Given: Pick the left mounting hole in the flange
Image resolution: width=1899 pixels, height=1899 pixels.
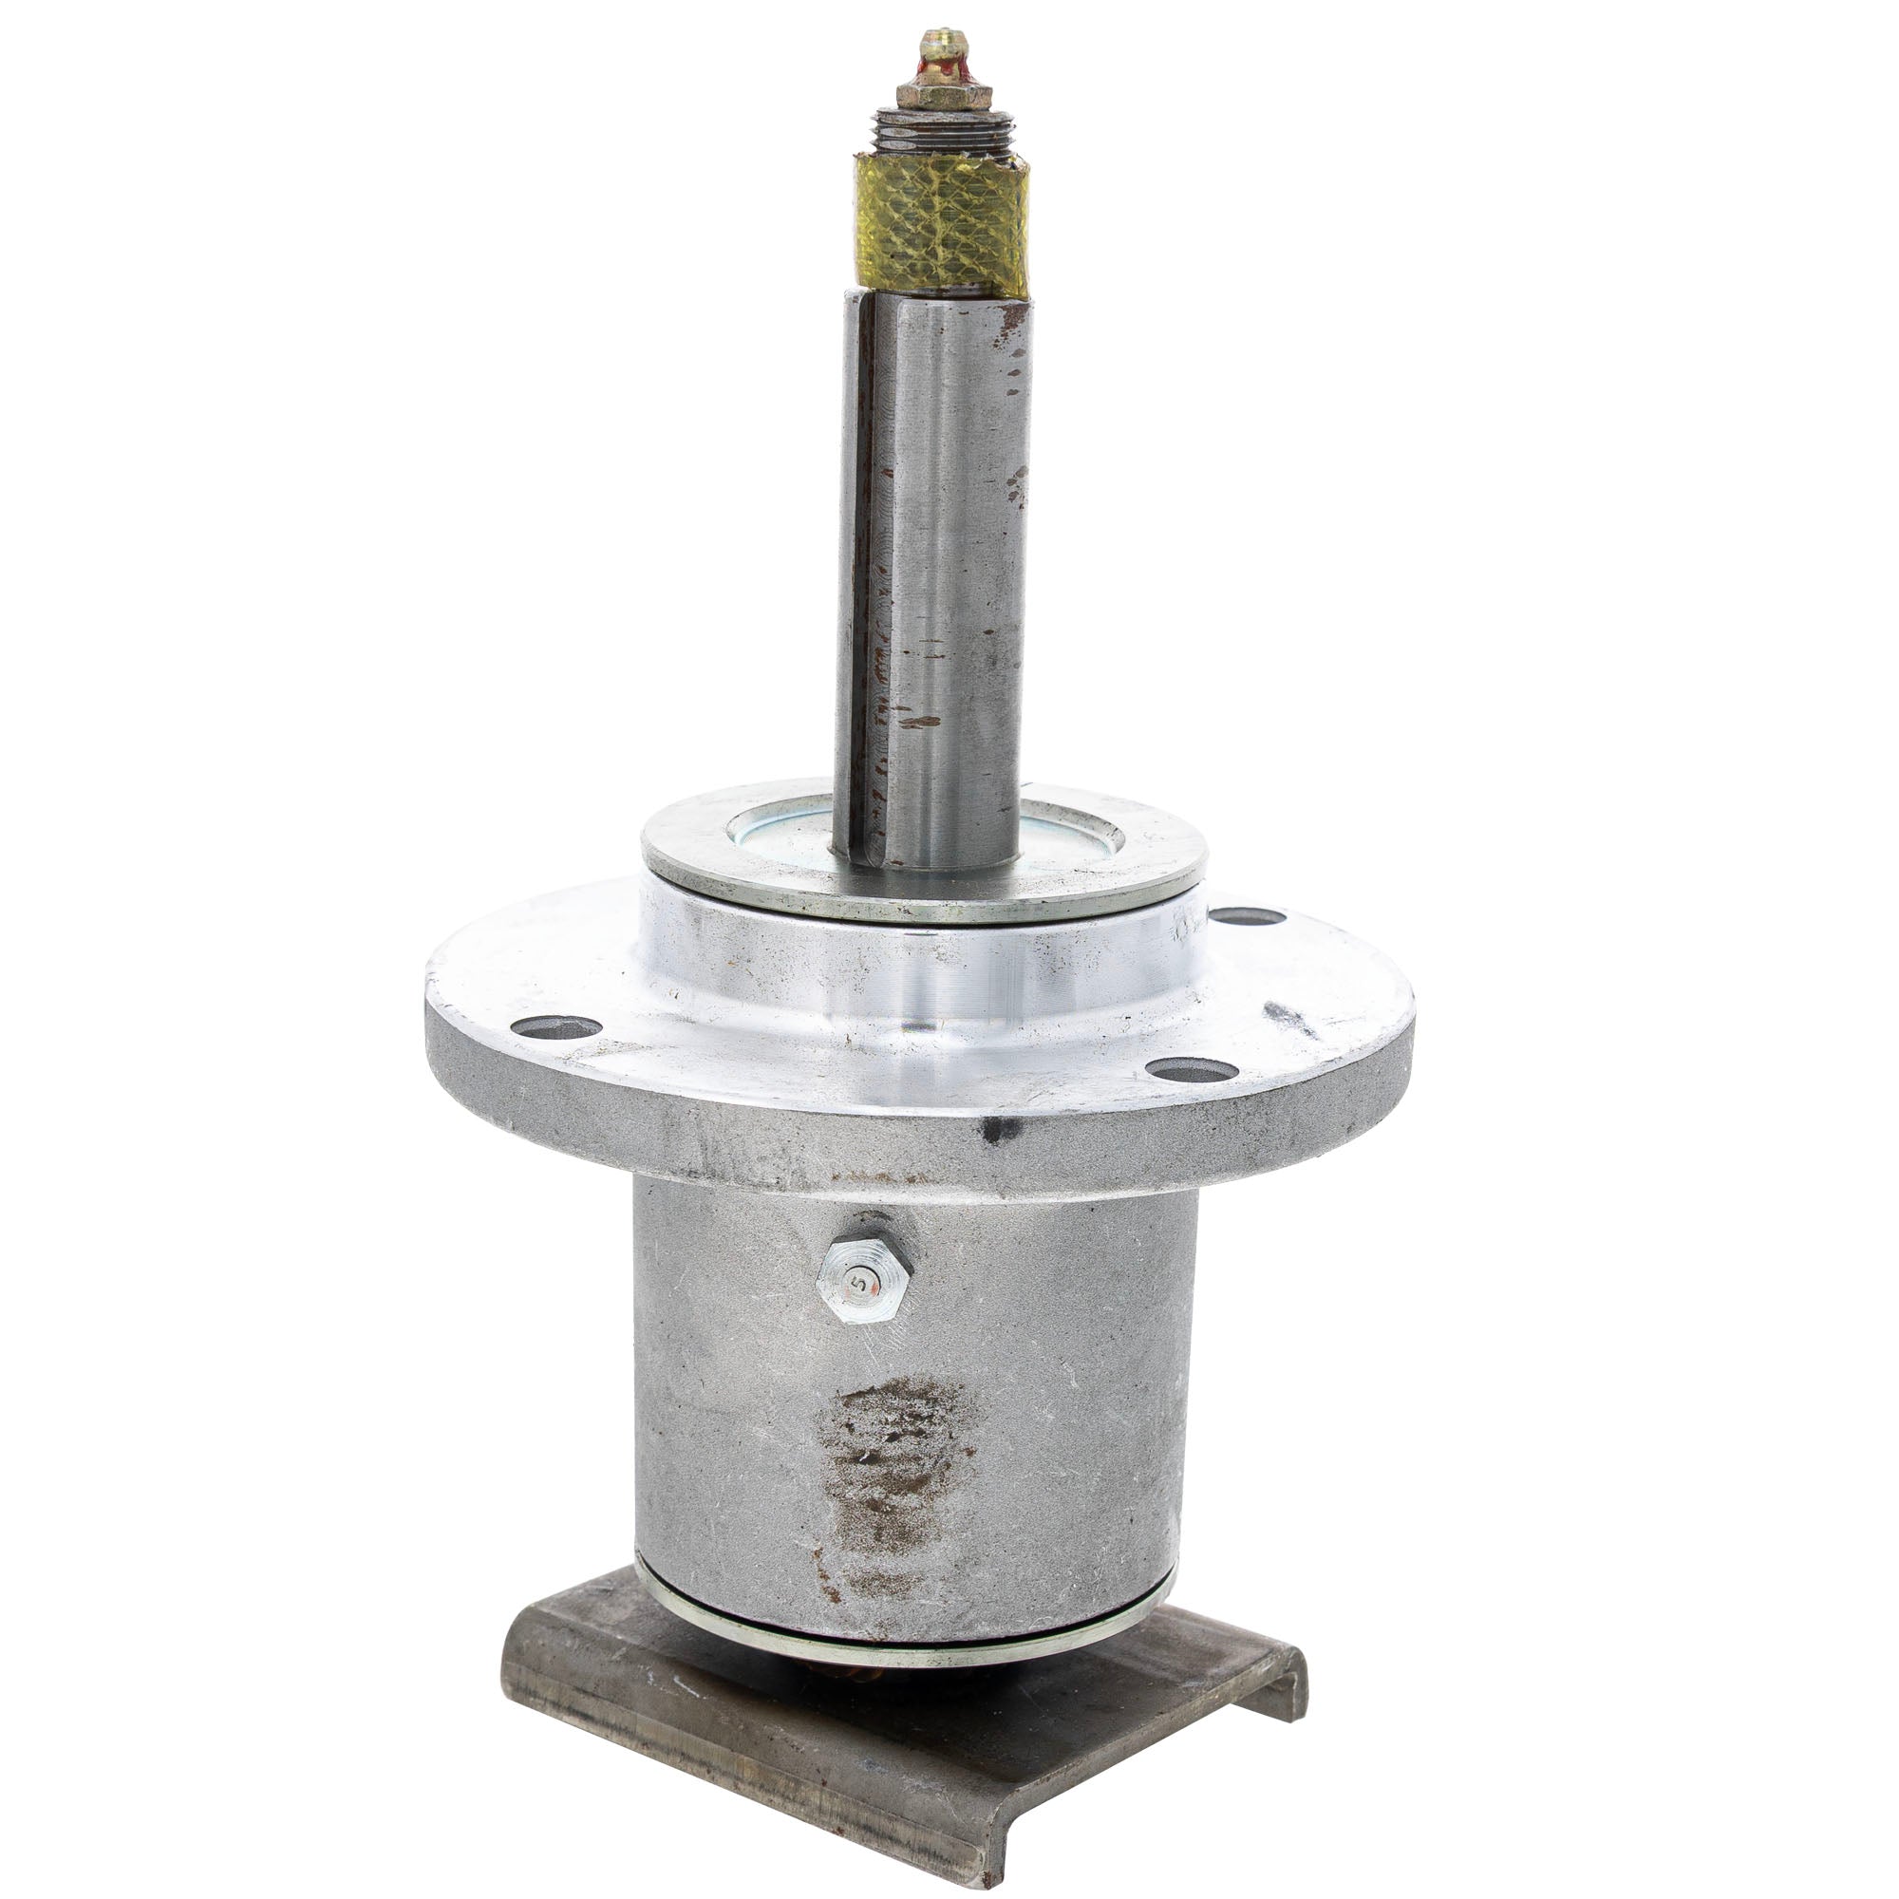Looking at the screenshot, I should coord(555,1027).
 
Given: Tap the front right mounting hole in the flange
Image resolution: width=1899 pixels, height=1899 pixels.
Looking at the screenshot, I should coord(1191,1069).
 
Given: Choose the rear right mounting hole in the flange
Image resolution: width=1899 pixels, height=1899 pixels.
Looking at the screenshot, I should coord(1246,916).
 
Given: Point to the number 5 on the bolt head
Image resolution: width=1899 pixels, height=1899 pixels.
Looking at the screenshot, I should coord(860,1282).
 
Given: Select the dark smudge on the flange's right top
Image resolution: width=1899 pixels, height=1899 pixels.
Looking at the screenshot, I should coord(1288,1016).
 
